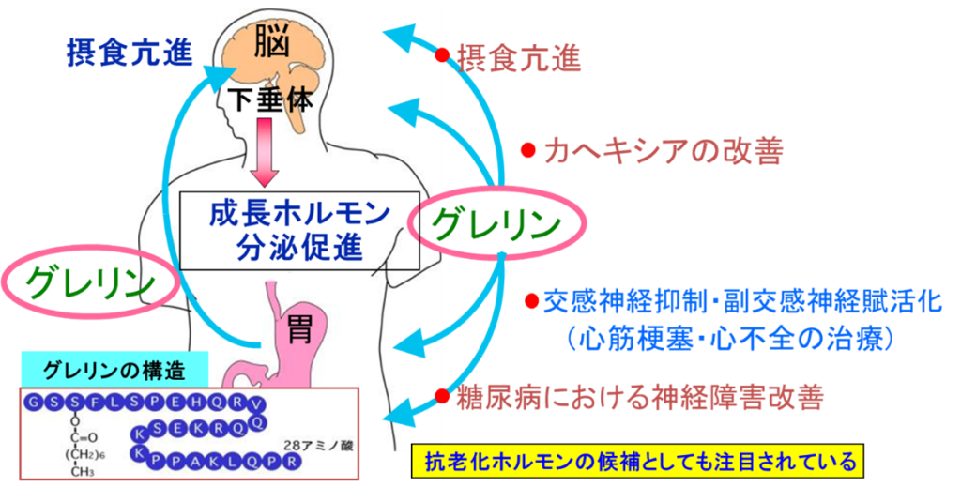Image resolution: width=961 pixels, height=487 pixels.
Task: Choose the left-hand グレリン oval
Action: pyautogui.click(x=88, y=281)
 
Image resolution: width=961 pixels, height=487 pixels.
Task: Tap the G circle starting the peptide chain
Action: pyautogui.click(x=36, y=402)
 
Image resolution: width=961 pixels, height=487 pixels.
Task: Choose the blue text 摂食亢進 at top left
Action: pyautogui.click(x=129, y=52)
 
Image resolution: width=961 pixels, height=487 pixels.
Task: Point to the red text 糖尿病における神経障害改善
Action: pyautogui.click(x=639, y=398)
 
